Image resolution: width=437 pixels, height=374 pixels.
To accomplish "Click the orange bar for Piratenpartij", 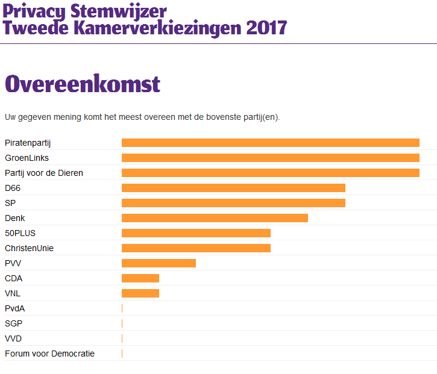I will [270, 143].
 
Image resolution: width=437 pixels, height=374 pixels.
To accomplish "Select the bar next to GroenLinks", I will [270, 158].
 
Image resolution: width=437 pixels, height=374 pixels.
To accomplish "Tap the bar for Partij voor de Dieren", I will [270, 173].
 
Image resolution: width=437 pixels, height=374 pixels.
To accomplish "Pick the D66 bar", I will [233, 188].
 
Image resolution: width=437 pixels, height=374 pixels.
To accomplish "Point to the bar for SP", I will [233, 203].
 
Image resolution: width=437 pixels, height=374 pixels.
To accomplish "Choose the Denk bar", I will [215, 218].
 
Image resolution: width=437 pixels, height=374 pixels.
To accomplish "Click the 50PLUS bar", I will [196, 233].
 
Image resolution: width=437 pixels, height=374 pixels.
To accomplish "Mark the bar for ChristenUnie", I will [196, 248].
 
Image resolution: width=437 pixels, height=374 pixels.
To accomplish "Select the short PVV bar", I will [159, 263].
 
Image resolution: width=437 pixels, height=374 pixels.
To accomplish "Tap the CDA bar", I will [140, 278].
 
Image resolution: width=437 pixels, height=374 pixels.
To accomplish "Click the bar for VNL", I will [140, 293].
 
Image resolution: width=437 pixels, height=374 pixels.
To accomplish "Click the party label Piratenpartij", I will [28, 143].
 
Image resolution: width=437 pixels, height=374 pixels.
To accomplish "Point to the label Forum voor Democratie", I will [49, 354].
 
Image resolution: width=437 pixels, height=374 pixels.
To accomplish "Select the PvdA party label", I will [14, 308].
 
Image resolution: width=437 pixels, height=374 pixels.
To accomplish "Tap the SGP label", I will [13, 323].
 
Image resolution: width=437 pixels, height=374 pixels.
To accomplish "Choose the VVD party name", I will [13, 338].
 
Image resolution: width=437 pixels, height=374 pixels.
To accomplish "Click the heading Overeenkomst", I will [82, 84].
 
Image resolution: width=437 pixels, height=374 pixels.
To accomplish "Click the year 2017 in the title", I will [266, 28].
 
